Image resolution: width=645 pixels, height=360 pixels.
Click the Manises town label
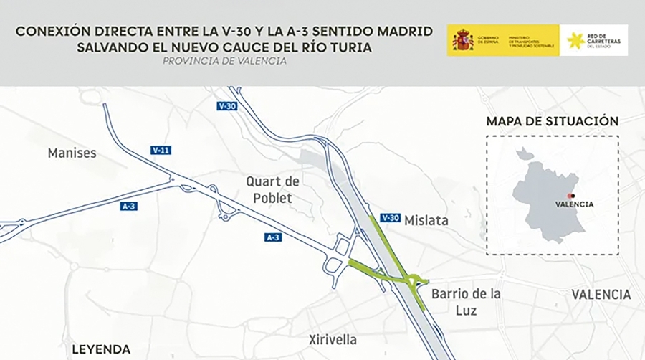72,153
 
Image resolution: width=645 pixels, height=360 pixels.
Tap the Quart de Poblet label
272,189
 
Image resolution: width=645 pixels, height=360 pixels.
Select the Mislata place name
426,221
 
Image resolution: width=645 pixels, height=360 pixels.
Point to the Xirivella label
333,339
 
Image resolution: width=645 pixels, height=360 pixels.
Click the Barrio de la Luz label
466,302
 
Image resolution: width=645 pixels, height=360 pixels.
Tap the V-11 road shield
161,151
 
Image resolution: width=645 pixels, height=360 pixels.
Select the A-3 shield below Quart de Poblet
272,237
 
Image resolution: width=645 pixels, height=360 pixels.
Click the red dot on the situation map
571,195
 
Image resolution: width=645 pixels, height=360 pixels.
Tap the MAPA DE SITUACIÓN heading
552,121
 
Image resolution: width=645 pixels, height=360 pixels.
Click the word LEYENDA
101,349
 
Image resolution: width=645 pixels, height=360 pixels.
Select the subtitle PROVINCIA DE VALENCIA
224,61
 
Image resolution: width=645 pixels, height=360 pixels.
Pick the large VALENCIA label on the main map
601,295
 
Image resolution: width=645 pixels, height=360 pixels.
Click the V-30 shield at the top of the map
227,106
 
